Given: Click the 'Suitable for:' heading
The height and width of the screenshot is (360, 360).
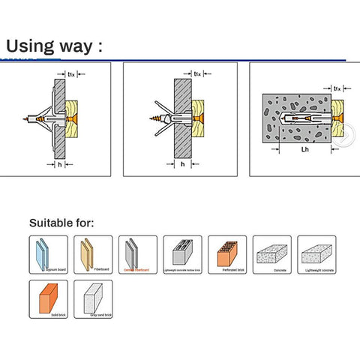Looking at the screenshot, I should tap(61, 223).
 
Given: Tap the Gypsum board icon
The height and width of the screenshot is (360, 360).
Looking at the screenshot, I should tap(48, 254).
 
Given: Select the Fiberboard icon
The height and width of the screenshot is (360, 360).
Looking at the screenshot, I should tap(93, 254).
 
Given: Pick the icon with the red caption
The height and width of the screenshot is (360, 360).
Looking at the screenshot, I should tap(137, 254).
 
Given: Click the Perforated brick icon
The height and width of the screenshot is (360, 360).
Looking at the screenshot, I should tap(227, 254).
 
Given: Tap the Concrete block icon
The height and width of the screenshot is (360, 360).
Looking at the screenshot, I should tap(271, 254).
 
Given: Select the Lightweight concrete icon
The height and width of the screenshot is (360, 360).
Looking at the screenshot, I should tap(316, 254).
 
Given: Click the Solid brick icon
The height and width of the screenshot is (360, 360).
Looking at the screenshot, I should tap(48, 298).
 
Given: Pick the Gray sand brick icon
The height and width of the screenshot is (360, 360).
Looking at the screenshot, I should tap(93, 298).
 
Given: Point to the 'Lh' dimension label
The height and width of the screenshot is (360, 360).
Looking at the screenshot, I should tap(305, 149).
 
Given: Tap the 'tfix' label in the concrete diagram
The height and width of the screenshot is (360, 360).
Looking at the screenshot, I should tap(337, 89).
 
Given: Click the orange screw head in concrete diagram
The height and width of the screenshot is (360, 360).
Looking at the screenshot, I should tap(335, 118).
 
